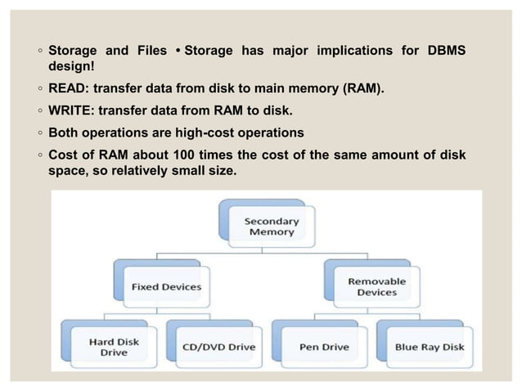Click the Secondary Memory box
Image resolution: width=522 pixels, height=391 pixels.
point(272,226)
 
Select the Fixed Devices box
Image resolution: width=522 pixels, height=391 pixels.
point(166,286)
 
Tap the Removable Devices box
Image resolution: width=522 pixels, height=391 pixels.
point(376,286)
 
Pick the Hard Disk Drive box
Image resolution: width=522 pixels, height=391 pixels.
point(114,346)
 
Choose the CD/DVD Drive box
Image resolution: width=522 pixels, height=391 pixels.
point(218,346)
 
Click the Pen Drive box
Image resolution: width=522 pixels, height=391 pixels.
point(325,346)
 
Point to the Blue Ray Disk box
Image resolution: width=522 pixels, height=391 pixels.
point(429,346)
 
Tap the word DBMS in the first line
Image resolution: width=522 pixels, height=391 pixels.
point(445,52)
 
